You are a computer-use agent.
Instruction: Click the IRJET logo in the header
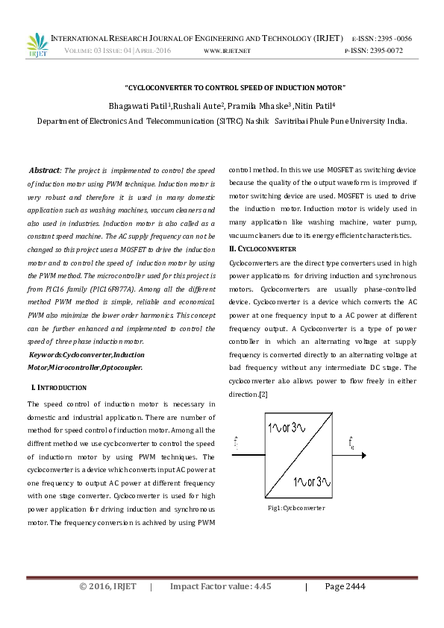37,44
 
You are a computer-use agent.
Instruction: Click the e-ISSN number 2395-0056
393,38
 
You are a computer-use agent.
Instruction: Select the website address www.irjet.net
227,51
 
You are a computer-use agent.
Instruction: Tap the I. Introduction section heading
59,388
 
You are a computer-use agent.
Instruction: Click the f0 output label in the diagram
351,445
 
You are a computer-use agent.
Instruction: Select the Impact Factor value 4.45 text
220,586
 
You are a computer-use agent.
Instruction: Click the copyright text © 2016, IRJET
107,586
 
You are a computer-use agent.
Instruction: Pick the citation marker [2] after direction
263,394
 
